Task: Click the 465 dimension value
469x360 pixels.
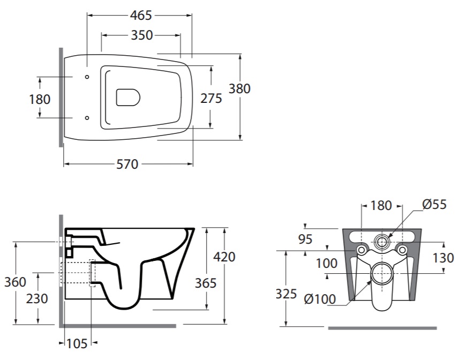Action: pyautogui.click(x=141, y=15)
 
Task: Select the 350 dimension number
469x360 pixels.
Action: pyautogui.click(x=142, y=35)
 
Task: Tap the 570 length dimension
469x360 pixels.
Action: pyautogui.click(x=127, y=164)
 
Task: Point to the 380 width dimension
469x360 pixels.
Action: pyautogui.click(x=239, y=89)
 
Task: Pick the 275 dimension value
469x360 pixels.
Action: pyautogui.click(x=211, y=99)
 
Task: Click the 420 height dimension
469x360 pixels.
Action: pyautogui.click(x=224, y=257)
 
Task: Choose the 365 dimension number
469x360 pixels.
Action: pyautogui.click(x=206, y=283)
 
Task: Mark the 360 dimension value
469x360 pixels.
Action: pyautogui.click(x=15, y=282)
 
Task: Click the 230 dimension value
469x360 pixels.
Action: pyautogui.click(x=37, y=298)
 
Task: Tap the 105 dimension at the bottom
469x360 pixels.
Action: pyautogui.click(x=77, y=344)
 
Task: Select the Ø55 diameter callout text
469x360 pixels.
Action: pyautogui.click(x=434, y=205)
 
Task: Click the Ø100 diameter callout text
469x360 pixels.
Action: pyautogui.click(x=320, y=299)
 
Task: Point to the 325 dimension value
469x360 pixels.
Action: pyautogui.click(x=286, y=294)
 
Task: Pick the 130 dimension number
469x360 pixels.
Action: pyautogui.click(x=443, y=258)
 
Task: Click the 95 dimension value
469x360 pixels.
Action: pyautogui.click(x=305, y=239)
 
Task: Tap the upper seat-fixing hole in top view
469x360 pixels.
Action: pyautogui.click(x=87, y=77)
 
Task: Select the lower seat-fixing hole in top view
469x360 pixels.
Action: pyautogui.click(x=87, y=118)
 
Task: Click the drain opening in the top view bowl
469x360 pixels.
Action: pyautogui.click(x=128, y=97)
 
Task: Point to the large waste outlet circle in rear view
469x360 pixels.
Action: pyautogui.click(x=381, y=273)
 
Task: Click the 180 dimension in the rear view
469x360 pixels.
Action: pyautogui.click(x=381, y=206)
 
